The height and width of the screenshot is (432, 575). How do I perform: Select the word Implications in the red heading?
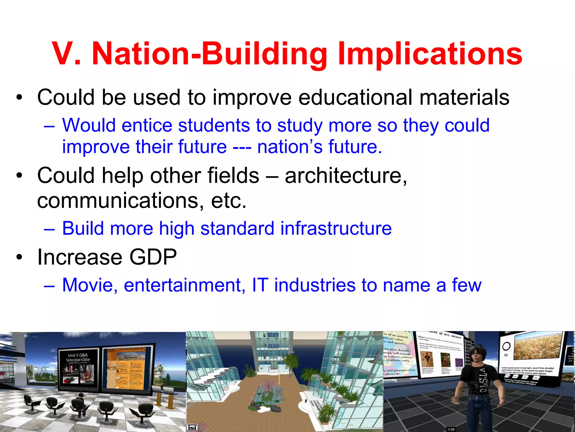(430, 54)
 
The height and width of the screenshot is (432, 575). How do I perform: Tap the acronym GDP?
(153, 257)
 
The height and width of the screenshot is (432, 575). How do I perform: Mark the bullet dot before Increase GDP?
(19, 257)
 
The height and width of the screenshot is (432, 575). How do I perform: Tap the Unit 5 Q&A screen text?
(78, 357)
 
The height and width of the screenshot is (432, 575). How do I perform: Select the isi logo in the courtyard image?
(192, 427)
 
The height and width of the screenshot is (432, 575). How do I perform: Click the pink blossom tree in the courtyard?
(265, 385)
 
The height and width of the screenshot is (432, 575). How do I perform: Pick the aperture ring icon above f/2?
(506, 346)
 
